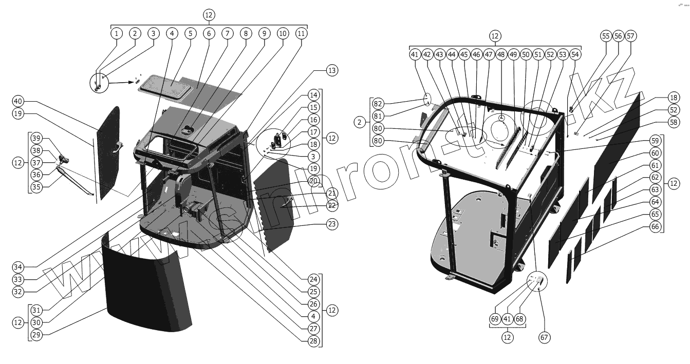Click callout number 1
point(117,33)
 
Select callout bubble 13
point(332,71)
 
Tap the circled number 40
point(18,100)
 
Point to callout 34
point(18,267)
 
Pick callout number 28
point(314,341)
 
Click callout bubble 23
point(332,224)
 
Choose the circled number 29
point(36,335)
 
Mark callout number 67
point(544,337)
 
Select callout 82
point(379,103)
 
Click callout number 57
point(630,36)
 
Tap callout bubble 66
point(655,227)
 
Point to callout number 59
point(655,140)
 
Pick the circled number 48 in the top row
point(501,54)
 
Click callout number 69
point(495,319)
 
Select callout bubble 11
point(301,33)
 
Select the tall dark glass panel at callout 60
point(617,149)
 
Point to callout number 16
point(314,120)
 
